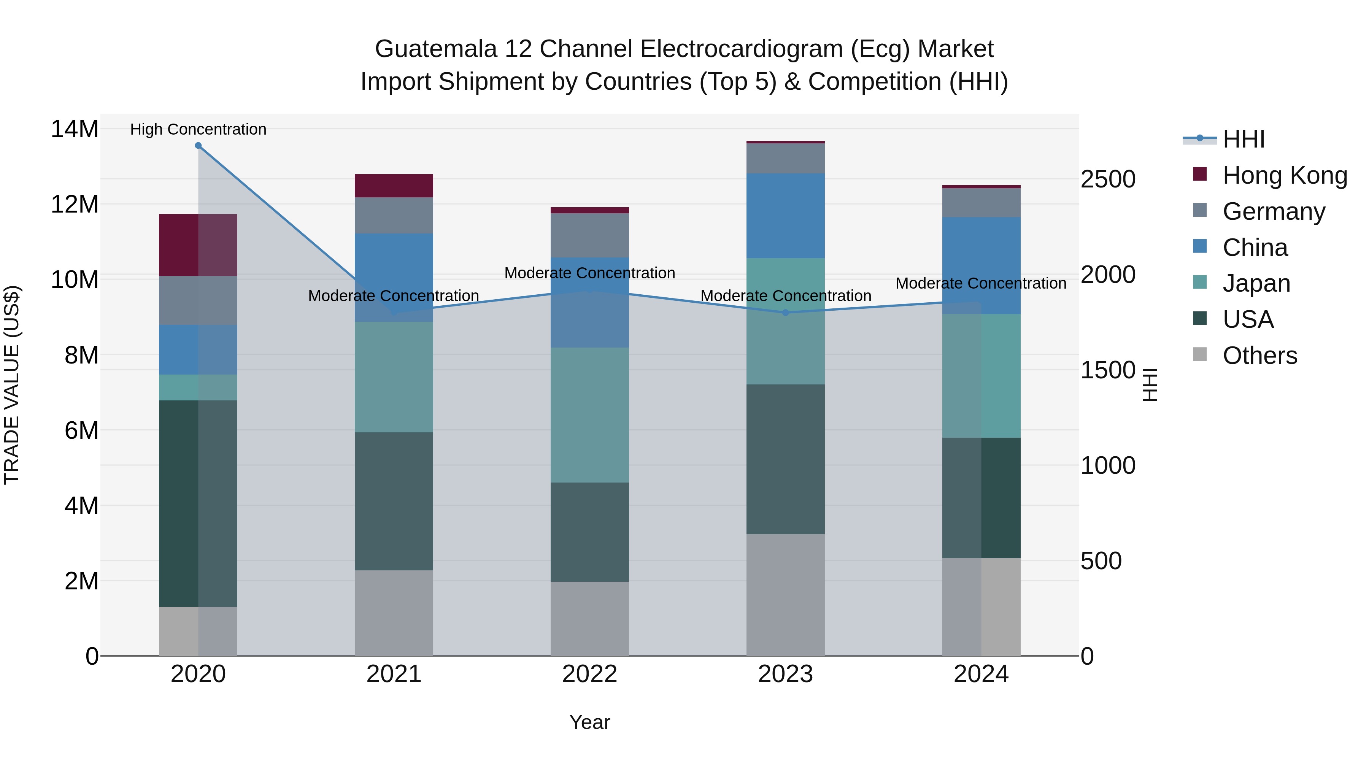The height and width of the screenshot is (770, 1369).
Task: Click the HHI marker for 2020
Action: tap(198, 146)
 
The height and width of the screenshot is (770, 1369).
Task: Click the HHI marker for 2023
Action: tap(786, 313)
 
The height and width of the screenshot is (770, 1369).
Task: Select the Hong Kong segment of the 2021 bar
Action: tap(394, 186)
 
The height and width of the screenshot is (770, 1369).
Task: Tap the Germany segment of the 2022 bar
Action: tap(589, 235)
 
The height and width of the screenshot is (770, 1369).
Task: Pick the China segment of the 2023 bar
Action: tap(786, 216)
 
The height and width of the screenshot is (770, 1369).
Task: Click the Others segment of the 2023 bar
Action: tap(786, 595)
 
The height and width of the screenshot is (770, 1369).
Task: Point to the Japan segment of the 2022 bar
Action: tap(589, 414)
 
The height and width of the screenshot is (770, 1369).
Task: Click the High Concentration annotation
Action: tap(198, 129)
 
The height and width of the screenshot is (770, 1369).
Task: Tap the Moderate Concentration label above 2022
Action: tap(589, 273)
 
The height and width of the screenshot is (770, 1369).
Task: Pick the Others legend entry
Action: tap(1259, 356)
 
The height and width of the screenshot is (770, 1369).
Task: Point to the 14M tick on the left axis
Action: tap(75, 129)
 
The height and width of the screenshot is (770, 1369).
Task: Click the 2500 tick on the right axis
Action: tap(1108, 179)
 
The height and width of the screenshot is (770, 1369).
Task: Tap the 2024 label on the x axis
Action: tap(981, 674)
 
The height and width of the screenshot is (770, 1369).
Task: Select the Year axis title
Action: tap(589, 722)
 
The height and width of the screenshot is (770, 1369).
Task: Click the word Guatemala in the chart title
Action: tap(436, 49)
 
